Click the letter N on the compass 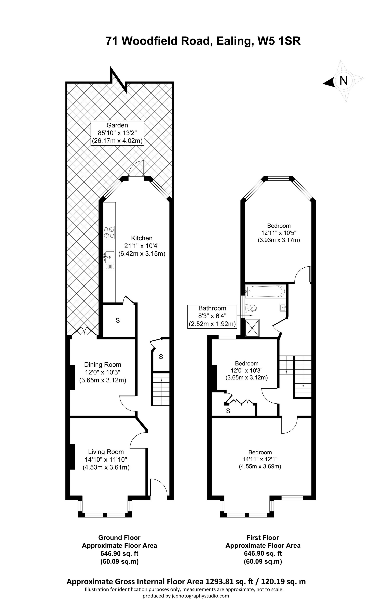click(x=343, y=81)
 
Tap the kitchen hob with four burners click(x=109, y=232)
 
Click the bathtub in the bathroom click(x=265, y=291)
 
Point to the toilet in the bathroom click(x=250, y=308)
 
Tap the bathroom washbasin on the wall click(x=283, y=307)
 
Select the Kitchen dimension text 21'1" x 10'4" click(x=142, y=246)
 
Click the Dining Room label click(x=102, y=365)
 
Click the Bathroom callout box click(x=212, y=316)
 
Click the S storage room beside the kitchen click(x=118, y=320)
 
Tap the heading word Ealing click(x=234, y=41)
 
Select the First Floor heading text click(x=262, y=537)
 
